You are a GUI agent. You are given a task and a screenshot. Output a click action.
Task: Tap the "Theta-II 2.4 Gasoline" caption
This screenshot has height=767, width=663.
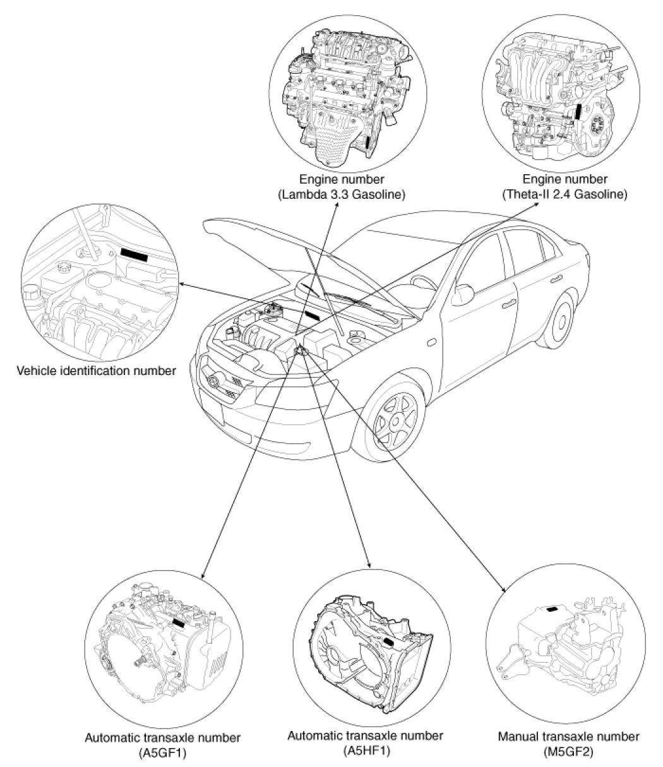click(564, 195)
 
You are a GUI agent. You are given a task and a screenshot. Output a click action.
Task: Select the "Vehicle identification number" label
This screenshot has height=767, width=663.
click(95, 371)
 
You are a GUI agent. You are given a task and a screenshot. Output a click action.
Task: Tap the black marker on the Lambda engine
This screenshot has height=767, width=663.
click(368, 140)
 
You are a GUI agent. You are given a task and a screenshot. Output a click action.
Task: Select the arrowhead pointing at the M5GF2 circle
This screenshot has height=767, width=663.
click(504, 590)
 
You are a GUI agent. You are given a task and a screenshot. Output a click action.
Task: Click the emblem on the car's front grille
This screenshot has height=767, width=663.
click(213, 381)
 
